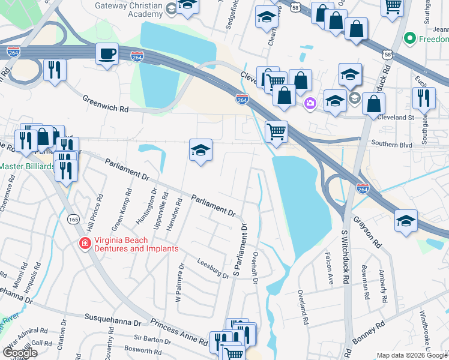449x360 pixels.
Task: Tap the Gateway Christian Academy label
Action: click(128, 9)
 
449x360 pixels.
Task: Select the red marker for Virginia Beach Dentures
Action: click(85, 244)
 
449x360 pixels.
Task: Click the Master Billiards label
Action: click(26, 166)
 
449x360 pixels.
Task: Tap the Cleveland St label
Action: click(396, 118)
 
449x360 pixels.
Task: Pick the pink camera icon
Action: click(310, 103)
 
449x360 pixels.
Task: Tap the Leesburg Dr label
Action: click(213, 268)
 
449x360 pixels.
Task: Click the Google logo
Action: click(20, 353)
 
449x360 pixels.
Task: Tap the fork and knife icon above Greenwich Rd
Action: click(55, 70)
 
